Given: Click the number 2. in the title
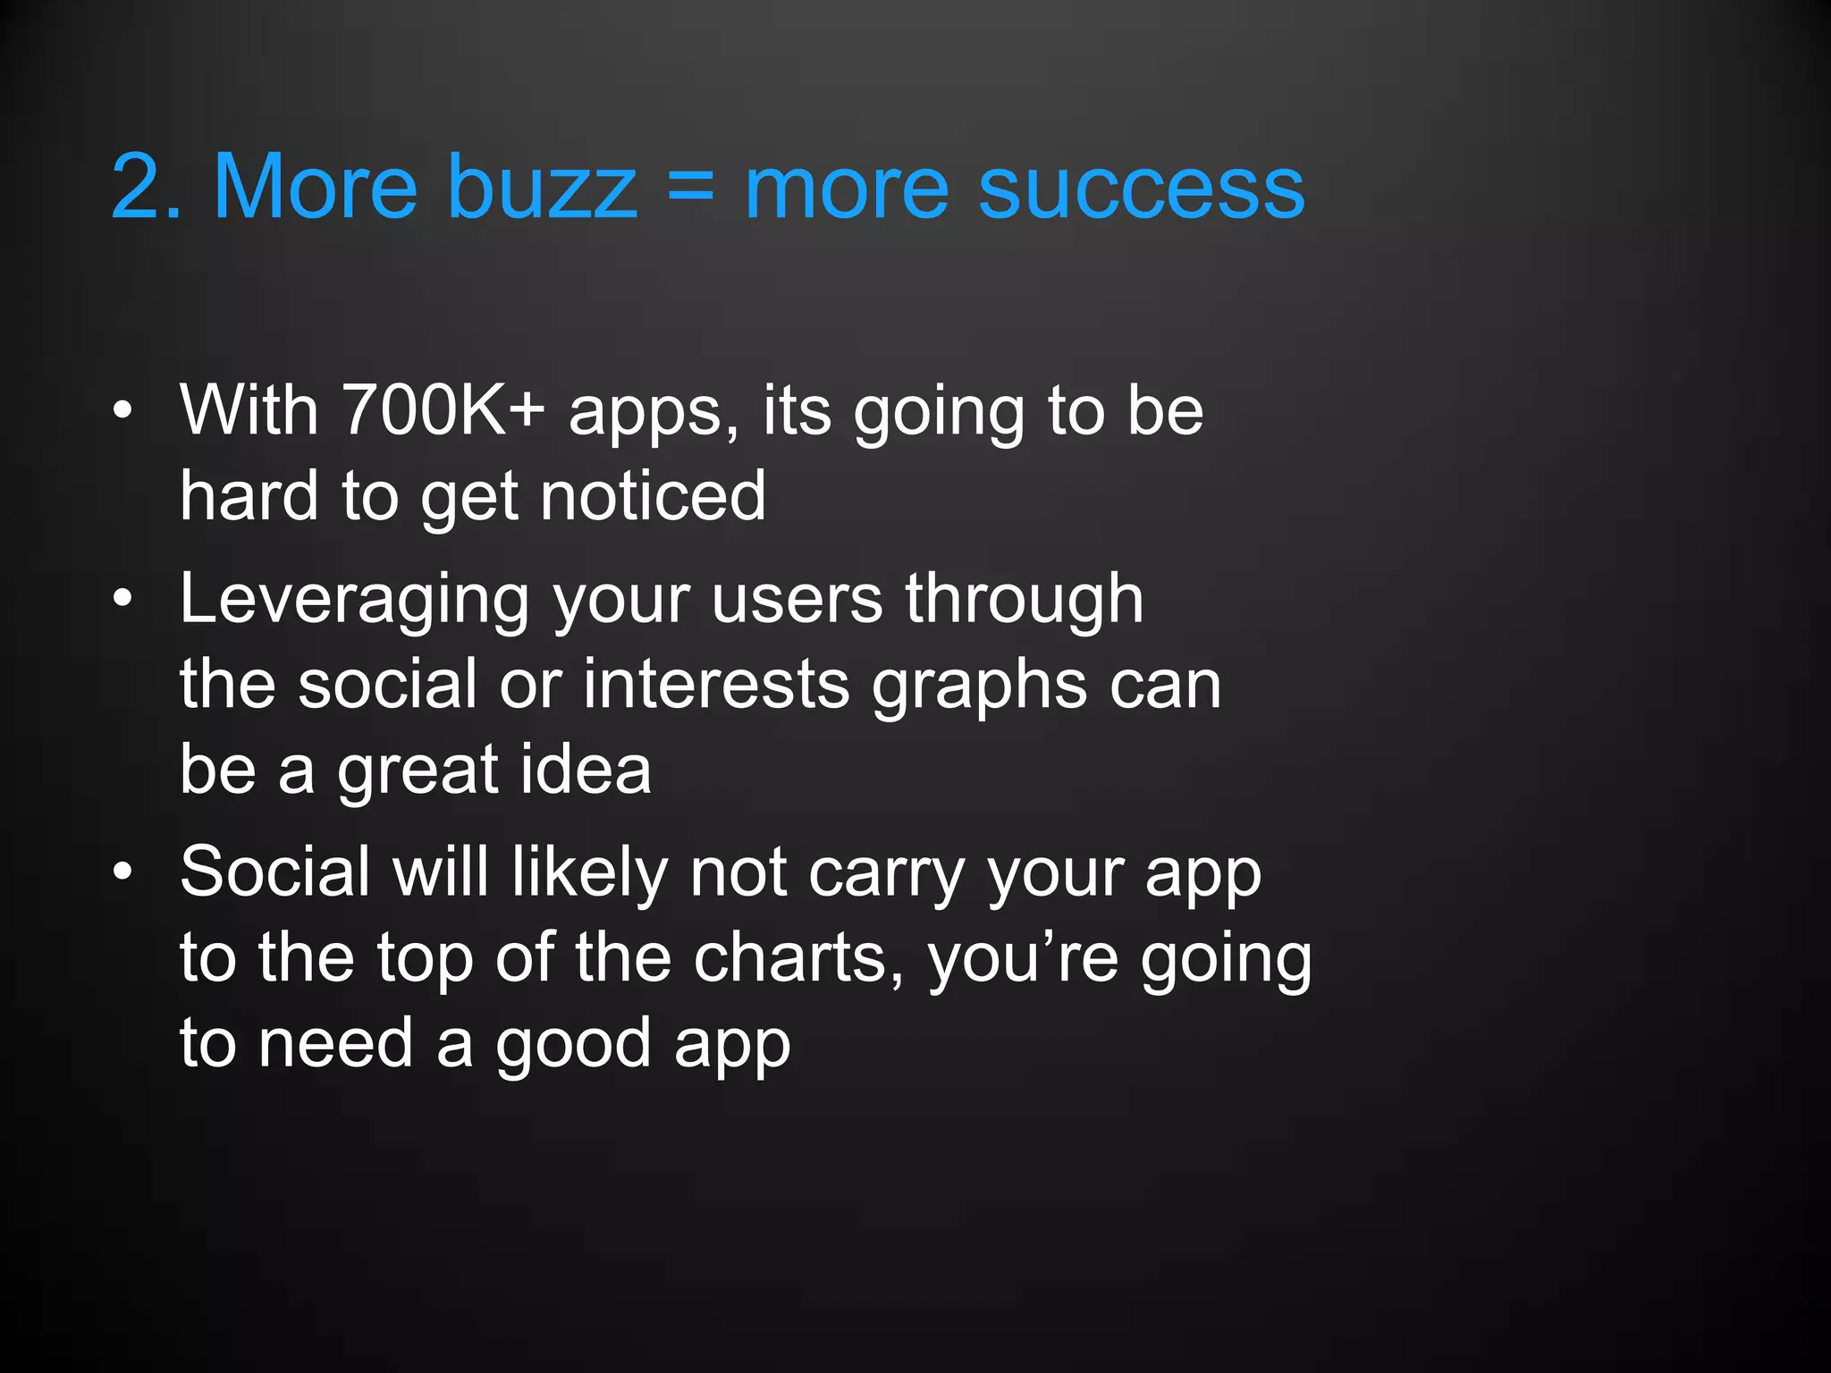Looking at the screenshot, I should (x=147, y=187).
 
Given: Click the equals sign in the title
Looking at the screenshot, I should (x=691, y=187).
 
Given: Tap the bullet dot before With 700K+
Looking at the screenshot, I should (x=123, y=411).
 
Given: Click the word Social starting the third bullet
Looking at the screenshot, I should (x=274, y=872).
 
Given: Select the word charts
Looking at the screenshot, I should (x=799, y=958).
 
